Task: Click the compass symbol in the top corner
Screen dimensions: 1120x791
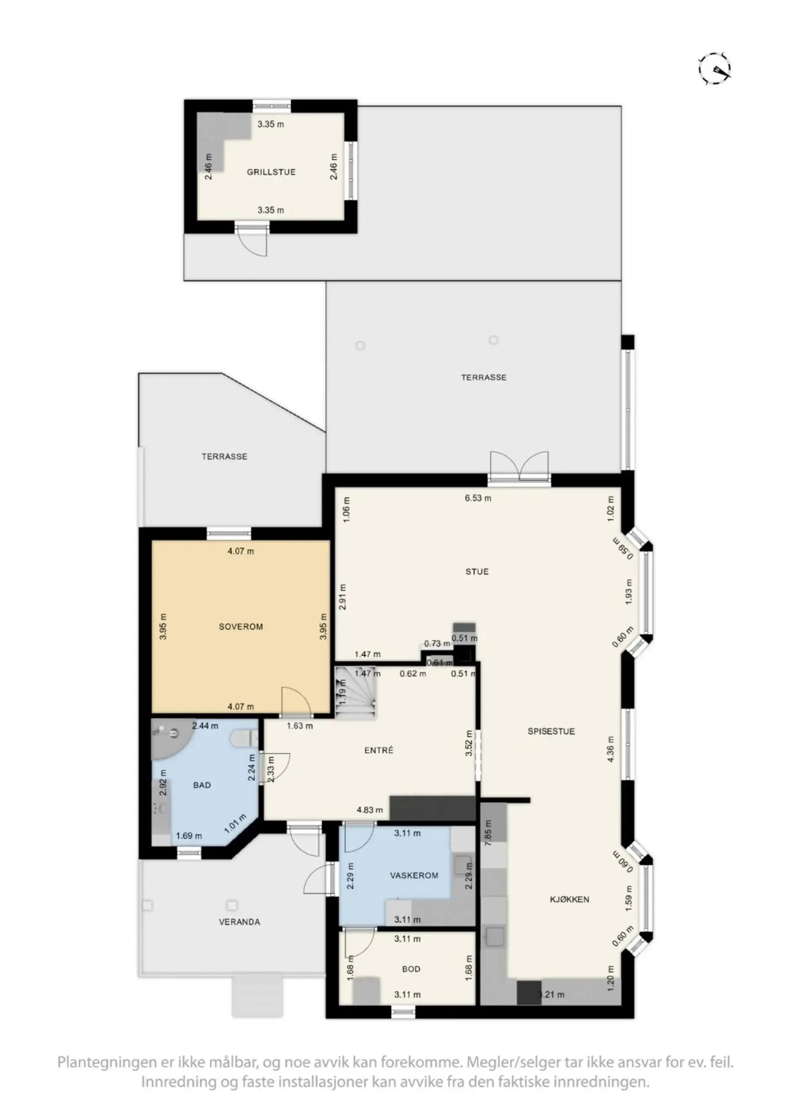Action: click(714, 69)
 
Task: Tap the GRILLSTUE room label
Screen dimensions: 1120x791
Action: click(271, 172)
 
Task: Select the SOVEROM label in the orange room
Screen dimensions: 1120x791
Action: click(241, 627)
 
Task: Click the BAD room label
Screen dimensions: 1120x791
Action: click(202, 785)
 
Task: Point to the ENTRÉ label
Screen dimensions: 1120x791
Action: click(379, 750)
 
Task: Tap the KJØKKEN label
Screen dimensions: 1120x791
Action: click(569, 899)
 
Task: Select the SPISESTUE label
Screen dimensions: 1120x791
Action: click(551, 731)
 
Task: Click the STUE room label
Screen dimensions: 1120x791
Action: click(477, 571)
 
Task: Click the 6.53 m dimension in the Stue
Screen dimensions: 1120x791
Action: click(478, 498)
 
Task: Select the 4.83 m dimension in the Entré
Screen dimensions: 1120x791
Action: click(369, 810)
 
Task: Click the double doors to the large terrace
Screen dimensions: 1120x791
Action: click(520, 467)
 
